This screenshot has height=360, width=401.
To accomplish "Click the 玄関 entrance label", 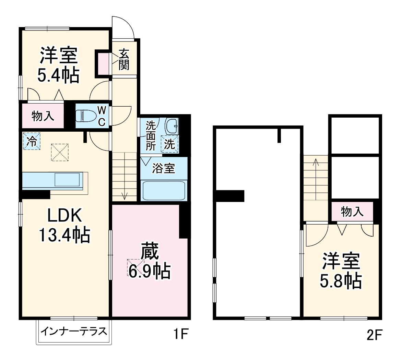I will pos(124,59).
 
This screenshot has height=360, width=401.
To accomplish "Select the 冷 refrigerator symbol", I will pos(31,141).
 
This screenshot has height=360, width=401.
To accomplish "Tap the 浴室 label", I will pos(164,168).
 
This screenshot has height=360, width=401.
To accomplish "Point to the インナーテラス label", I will pos(74,332).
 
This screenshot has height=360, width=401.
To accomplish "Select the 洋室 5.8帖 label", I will pos(341,271).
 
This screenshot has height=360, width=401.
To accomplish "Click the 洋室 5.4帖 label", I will pos(58,65).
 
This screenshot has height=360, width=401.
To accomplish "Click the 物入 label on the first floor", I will pos(43,116).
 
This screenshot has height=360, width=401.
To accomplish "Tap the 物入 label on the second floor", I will pos(352,212).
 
